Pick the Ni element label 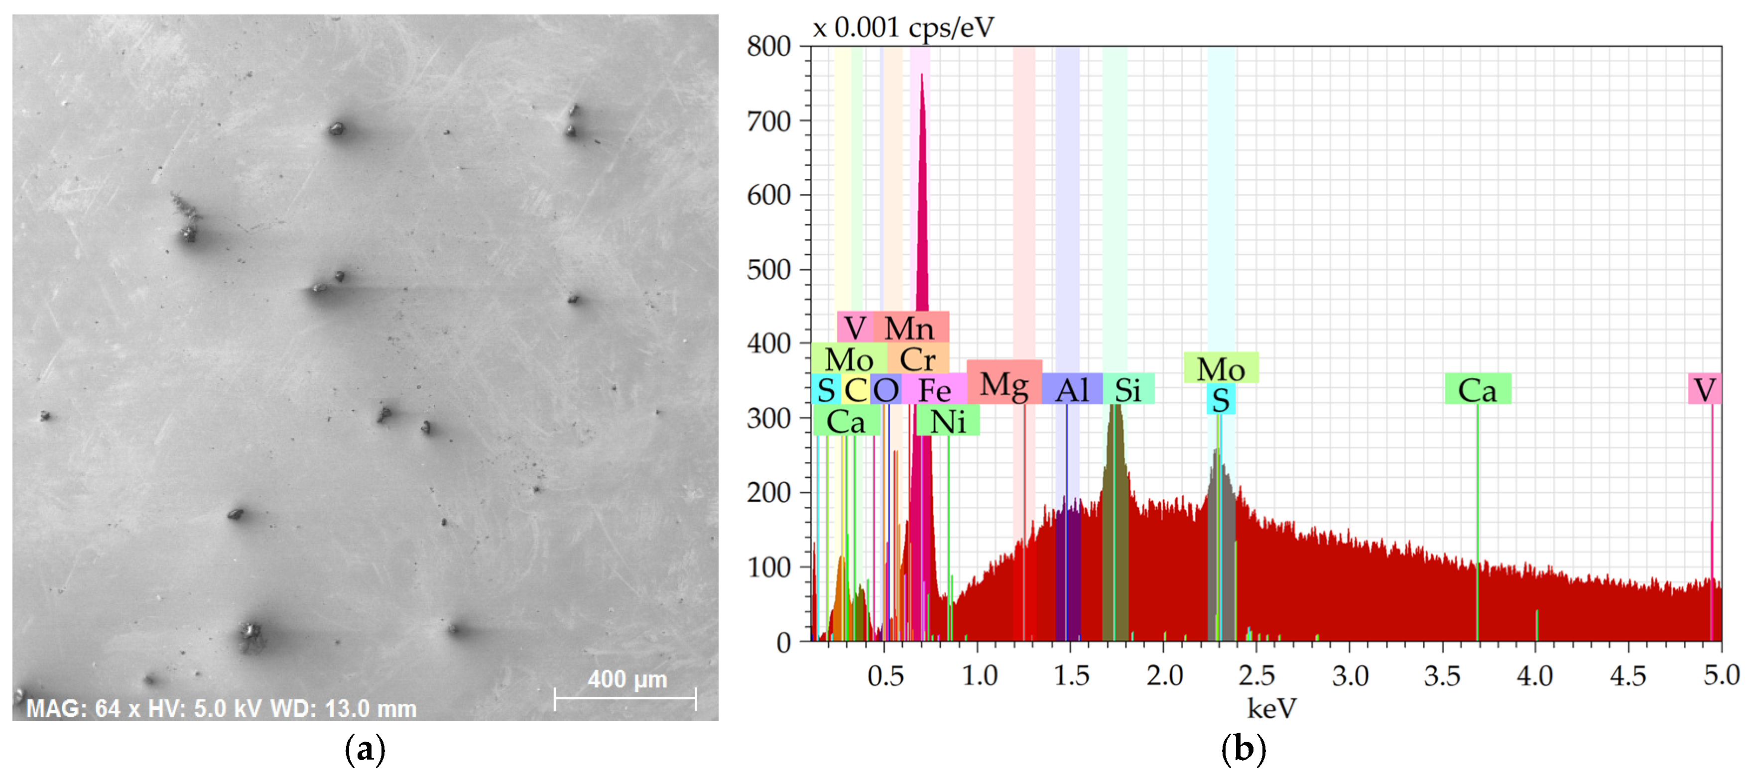point(947,422)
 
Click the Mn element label point(909,328)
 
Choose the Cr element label point(917,359)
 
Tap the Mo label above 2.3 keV point(1220,368)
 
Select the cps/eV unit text point(951,27)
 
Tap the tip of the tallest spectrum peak point(921,74)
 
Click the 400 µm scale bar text point(626,678)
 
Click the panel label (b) point(1243,750)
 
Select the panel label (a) point(365,750)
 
